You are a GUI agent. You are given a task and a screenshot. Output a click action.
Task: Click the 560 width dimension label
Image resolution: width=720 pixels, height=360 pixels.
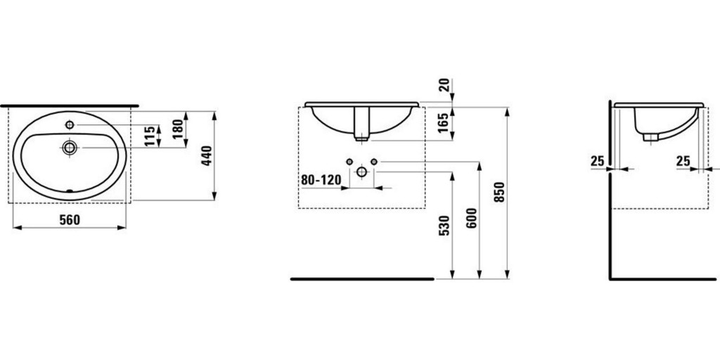[x=69, y=219]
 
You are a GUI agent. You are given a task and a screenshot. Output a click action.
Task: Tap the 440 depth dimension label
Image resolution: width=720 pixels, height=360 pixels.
[x=207, y=155]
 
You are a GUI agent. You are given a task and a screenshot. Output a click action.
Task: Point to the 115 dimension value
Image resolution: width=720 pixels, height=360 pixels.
[x=150, y=135]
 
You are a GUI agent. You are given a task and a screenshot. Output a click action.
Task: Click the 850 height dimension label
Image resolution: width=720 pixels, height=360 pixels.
[x=500, y=192]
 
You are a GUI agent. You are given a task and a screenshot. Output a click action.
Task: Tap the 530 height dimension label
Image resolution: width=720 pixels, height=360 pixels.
[x=444, y=226]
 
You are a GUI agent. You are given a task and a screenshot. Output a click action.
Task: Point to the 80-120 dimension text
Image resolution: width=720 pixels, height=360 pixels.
[x=321, y=180]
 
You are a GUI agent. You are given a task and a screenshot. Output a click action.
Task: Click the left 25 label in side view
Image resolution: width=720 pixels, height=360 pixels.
[x=598, y=161]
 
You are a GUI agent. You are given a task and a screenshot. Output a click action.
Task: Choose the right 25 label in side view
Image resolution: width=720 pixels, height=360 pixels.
[x=683, y=161]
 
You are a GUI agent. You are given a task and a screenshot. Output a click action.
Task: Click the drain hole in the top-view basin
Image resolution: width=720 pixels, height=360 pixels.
[x=70, y=148]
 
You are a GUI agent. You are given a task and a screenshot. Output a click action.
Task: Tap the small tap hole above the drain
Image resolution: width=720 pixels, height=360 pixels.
[x=70, y=125]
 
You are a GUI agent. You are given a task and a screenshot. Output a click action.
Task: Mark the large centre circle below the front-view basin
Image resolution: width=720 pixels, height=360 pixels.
[x=362, y=172]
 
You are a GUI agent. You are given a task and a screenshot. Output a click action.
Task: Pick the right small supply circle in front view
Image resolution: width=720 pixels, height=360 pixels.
[x=374, y=162]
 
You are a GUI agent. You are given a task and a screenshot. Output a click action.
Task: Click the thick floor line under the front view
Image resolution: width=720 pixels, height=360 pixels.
[x=362, y=278]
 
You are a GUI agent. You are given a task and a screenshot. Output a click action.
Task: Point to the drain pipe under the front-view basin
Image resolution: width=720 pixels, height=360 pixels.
[x=362, y=123]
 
